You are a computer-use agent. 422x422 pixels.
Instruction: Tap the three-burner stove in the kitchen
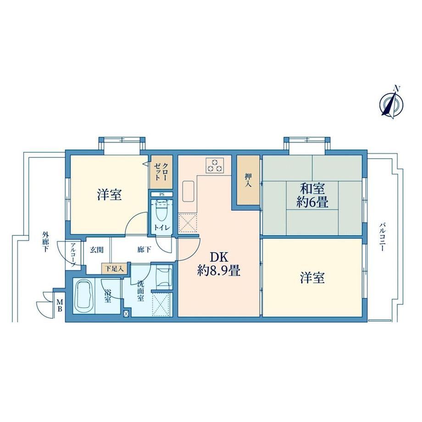click(215, 165)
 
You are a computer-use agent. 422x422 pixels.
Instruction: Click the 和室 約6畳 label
click(312, 195)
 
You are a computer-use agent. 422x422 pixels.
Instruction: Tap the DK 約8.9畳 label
click(219, 264)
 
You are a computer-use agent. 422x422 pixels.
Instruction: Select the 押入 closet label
click(248, 180)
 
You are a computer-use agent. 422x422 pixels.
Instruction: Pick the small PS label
click(162, 194)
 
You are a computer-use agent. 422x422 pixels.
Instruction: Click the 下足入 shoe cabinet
click(114, 268)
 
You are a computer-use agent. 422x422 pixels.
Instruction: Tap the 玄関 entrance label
click(96, 250)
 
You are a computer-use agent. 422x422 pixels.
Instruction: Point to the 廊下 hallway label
click(144, 250)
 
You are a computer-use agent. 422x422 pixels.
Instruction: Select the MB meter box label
click(60, 305)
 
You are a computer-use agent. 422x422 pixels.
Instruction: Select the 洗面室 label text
click(140, 291)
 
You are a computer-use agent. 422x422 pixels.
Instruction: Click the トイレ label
click(162, 228)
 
